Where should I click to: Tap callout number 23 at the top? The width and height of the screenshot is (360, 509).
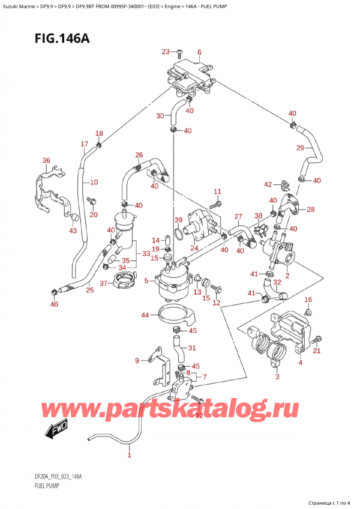(166, 52)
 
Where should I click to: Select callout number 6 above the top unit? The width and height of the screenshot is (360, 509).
(199, 52)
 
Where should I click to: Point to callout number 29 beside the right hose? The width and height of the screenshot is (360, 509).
(300, 148)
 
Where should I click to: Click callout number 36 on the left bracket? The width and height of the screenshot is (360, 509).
(46, 160)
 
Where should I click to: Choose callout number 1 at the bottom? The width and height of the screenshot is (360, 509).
(129, 456)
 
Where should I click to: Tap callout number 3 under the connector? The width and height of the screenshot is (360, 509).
(277, 377)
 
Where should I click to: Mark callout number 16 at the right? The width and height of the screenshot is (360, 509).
(308, 299)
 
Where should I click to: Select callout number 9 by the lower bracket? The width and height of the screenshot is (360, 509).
(137, 360)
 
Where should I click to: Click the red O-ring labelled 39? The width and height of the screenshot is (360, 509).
(178, 232)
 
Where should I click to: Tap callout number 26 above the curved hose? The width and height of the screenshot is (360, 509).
(139, 155)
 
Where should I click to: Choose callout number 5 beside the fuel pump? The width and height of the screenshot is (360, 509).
(146, 280)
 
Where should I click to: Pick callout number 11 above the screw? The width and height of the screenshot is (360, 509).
(217, 191)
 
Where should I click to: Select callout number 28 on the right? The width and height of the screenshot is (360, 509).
(310, 209)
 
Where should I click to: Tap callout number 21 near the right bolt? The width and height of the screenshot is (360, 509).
(317, 351)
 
